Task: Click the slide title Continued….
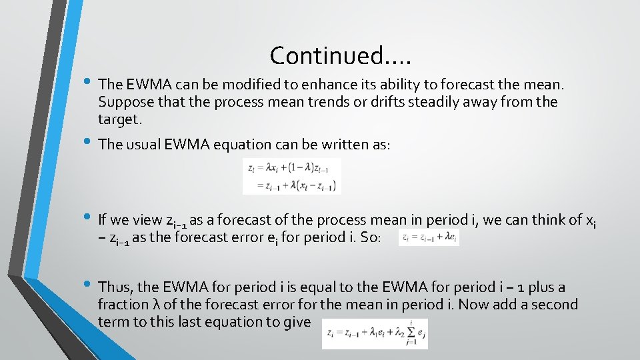pyautogui.click(x=341, y=55)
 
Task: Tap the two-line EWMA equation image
pyautogui.click(x=292, y=176)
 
